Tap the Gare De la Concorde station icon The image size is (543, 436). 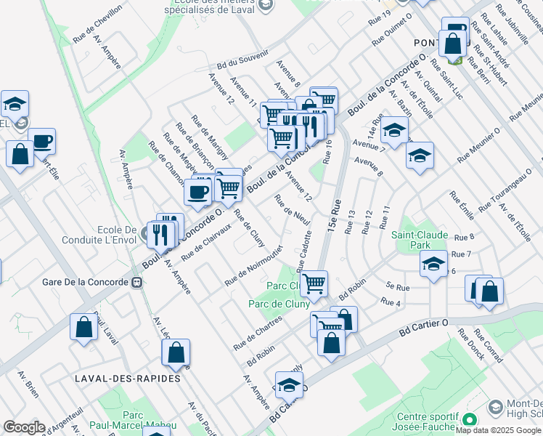pyautogui.click(x=136, y=282)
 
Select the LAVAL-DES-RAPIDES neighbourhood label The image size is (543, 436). pyautogui.click(x=118, y=379)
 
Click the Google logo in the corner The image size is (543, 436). pyautogui.click(x=24, y=427)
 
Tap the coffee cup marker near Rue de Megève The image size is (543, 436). pyautogui.click(x=197, y=191)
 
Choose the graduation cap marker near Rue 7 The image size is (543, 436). pyautogui.click(x=433, y=263)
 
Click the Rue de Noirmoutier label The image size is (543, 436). pyautogui.click(x=252, y=269)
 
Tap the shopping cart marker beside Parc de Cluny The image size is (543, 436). pyautogui.click(x=314, y=283)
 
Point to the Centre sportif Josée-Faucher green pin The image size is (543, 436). pyautogui.click(x=470, y=419)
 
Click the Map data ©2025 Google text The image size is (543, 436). pyautogui.click(x=498, y=429)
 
